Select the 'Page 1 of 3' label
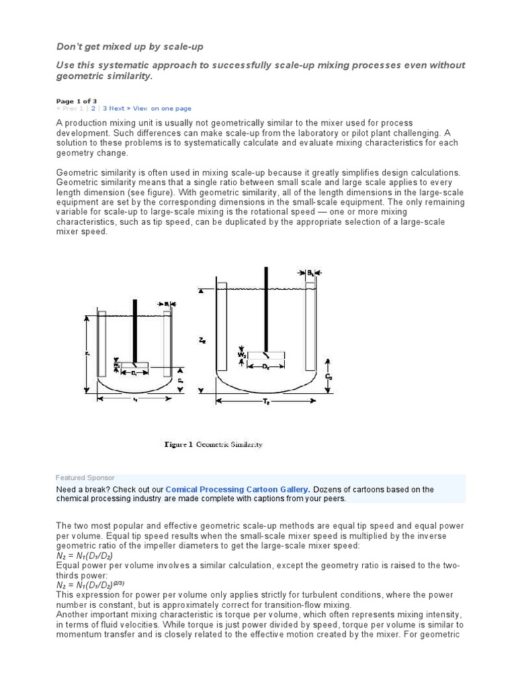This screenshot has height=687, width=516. (76, 101)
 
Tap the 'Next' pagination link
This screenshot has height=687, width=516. (116, 108)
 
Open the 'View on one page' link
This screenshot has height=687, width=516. (162, 108)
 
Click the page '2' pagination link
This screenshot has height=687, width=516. (93, 108)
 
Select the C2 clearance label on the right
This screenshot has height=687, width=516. (329, 377)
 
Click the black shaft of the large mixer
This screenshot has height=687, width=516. (267, 309)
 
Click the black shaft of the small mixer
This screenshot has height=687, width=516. (135, 329)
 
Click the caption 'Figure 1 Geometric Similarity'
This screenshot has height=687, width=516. (214, 444)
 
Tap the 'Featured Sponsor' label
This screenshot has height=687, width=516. (85, 478)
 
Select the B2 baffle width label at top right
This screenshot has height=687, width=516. (310, 273)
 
